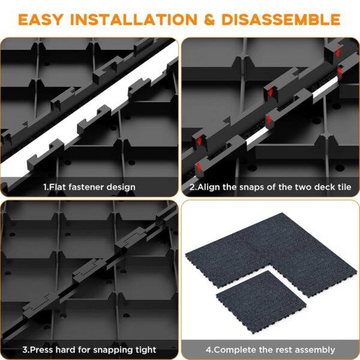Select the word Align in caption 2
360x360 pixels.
point(209,187)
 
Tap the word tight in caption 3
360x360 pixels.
point(144,349)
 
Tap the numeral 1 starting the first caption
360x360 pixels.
point(45,187)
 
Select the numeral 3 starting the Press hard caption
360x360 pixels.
point(25,349)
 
